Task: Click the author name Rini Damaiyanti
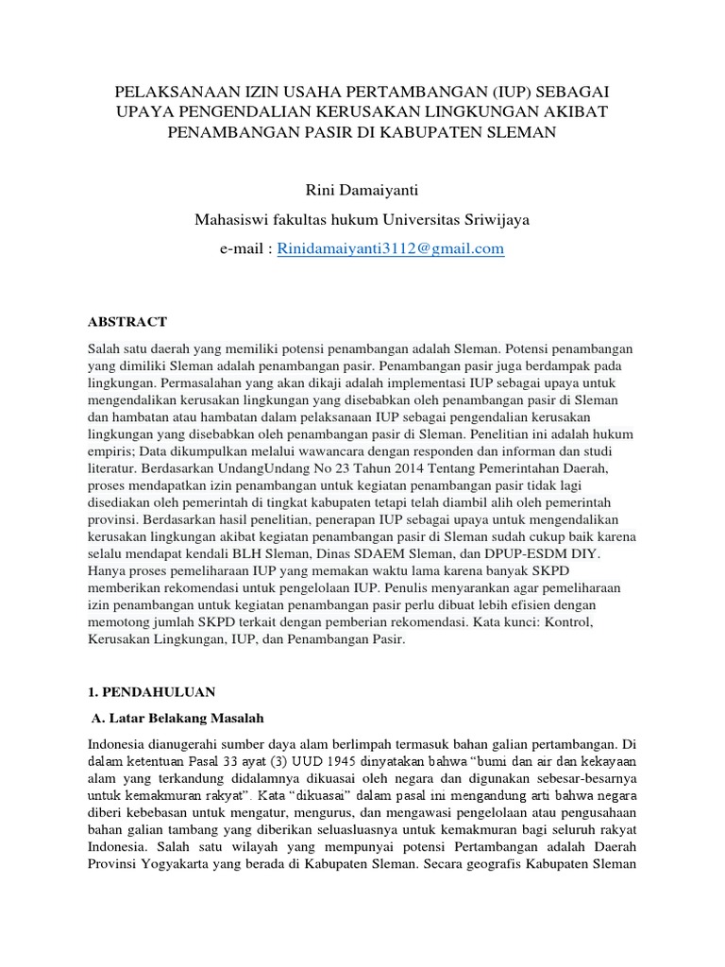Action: [x=362, y=192]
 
